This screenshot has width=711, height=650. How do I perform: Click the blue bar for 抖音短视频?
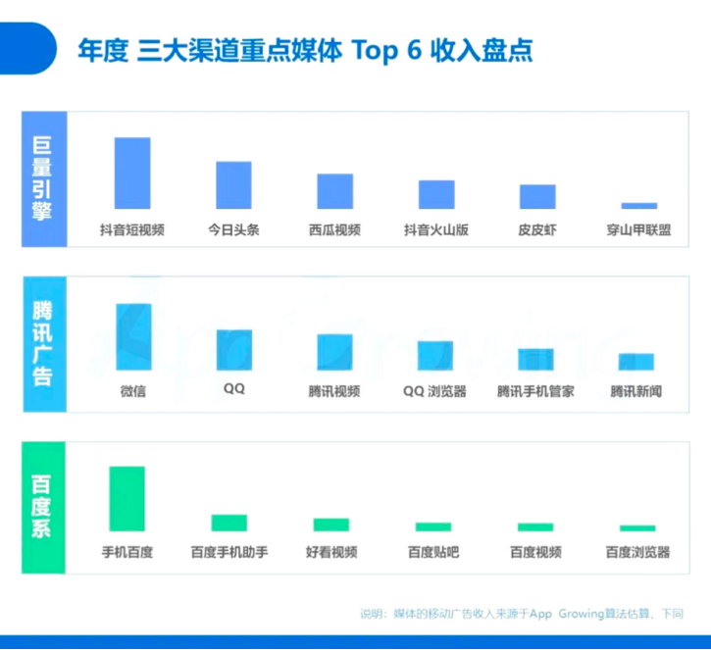(x=132, y=174)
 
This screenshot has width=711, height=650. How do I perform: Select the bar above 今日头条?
(x=233, y=185)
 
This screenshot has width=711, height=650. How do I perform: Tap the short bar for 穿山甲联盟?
(x=638, y=206)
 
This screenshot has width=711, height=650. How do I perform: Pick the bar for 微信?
(x=133, y=336)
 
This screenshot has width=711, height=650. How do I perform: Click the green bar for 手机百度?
(x=127, y=498)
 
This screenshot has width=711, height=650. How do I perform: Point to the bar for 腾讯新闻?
(x=635, y=362)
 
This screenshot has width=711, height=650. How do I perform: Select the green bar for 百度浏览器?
(x=637, y=528)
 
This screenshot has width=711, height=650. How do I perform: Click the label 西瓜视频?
(x=334, y=230)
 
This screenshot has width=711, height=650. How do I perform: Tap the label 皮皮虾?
(x=537, y=230)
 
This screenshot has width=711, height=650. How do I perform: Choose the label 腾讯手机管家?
(x=535, y=391)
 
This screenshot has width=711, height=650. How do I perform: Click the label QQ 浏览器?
(x=434, y=391)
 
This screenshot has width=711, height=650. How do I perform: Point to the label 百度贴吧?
(x=433, y=552)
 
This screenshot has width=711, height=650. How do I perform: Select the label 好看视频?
(x=331, y=552)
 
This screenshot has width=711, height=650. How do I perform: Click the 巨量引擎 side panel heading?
(x=43, y=178)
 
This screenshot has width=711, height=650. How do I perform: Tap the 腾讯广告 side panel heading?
(x=43, y=343)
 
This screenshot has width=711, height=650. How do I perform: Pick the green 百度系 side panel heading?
(x=43, y=507)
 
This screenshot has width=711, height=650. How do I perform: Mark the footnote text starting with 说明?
(x=521, y=614)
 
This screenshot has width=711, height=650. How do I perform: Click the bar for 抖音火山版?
(x=436, y=195)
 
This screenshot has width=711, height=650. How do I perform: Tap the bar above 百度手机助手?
(x=229, y=523)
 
